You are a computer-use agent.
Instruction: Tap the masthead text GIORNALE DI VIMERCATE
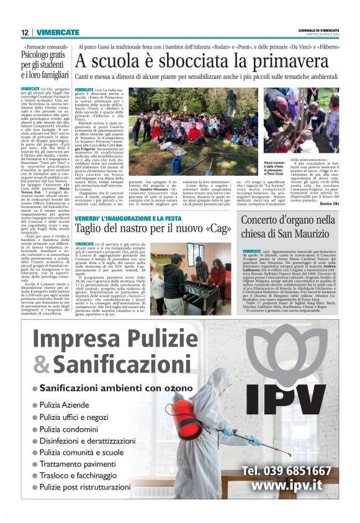pyautogui.click(x=322, y=29)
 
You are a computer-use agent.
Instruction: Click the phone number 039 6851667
pyautogui.click(x=295, y=471)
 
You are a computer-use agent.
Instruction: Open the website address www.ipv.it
pyautogui.click(x=295, y=486)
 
